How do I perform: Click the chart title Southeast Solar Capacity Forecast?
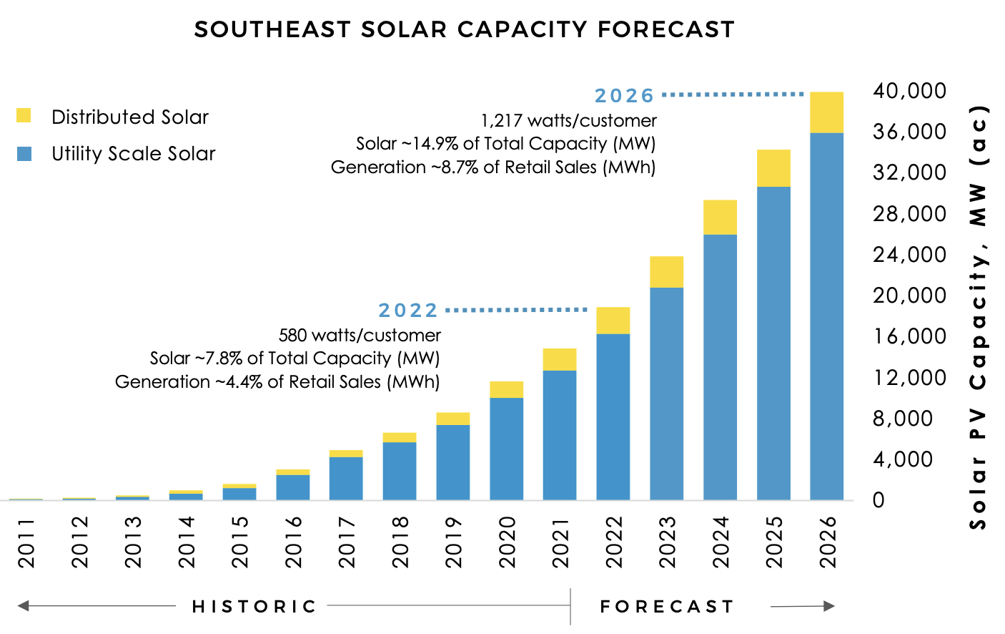(464, 29)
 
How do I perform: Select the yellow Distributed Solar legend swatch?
(24, 116)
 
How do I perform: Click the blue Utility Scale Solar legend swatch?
(24, 153)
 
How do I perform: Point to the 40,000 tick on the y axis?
(909, 91)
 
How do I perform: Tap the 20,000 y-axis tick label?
(909, 296)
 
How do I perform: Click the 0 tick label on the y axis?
(878, 500)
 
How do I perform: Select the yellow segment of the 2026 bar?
(826, 112)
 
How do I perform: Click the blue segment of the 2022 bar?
(613, 416)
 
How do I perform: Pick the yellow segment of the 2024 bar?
(720, 218)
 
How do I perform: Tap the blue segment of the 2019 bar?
(452, 462)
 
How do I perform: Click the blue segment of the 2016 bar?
(292, 487)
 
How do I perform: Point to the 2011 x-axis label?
(26, 543)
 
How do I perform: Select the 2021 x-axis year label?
(560, 543)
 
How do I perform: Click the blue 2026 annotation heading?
(624, 96)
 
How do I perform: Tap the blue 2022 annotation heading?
(407, 311)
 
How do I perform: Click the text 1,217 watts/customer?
(568, 121)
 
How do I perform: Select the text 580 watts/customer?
(360, 336)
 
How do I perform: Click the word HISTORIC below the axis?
(254, 607)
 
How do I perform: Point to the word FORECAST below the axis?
(667, 607)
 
